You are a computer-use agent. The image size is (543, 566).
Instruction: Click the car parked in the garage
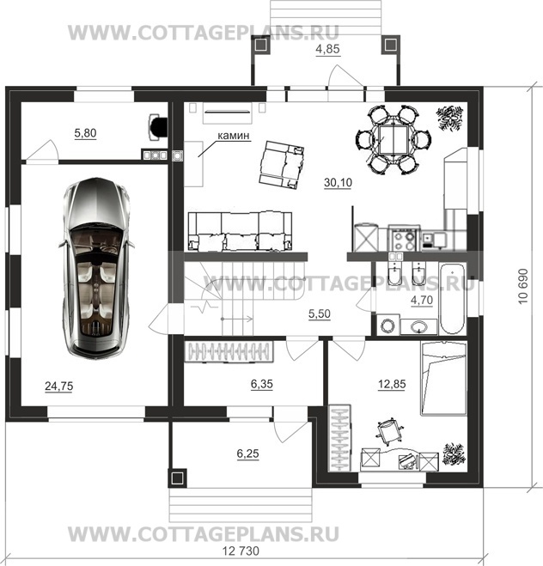(x=96, y=268)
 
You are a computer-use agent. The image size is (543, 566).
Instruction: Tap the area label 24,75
(x=58, y=386)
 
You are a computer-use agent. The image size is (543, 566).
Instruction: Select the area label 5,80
(x=85, y=133)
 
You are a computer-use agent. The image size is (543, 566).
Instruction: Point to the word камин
(x=233, y=136)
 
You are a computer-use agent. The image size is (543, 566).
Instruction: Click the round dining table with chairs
(x=394, y=140)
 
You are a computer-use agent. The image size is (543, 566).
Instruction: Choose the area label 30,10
(x=338, y=183)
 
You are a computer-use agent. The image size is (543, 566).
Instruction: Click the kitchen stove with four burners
(x=405, y=238)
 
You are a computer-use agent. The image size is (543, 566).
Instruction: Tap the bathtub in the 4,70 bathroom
(x=453, y=299)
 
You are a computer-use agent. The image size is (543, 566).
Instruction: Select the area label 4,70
(x=422, y=301)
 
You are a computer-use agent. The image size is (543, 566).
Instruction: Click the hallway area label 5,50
(x=320, y=314)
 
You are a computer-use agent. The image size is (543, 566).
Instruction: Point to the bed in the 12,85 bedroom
(x=443, y=378)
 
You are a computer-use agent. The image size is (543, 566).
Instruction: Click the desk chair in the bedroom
(x=388, y=430)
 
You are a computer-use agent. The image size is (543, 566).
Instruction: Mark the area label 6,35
(x=262, y=384)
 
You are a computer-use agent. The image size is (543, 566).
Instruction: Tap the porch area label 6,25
(x=248, y=453)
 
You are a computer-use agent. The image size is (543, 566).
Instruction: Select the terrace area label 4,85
(x=328, y=49)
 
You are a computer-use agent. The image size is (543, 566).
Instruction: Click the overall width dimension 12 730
(x=241, y=551)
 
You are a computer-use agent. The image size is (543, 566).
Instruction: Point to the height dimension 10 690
(x=523, y=287)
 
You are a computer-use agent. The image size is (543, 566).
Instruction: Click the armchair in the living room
(x=282, y=165)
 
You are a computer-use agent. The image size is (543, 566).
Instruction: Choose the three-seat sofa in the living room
(x=240, y=231)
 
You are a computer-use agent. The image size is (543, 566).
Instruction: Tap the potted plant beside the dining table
(x=449, y=118)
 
